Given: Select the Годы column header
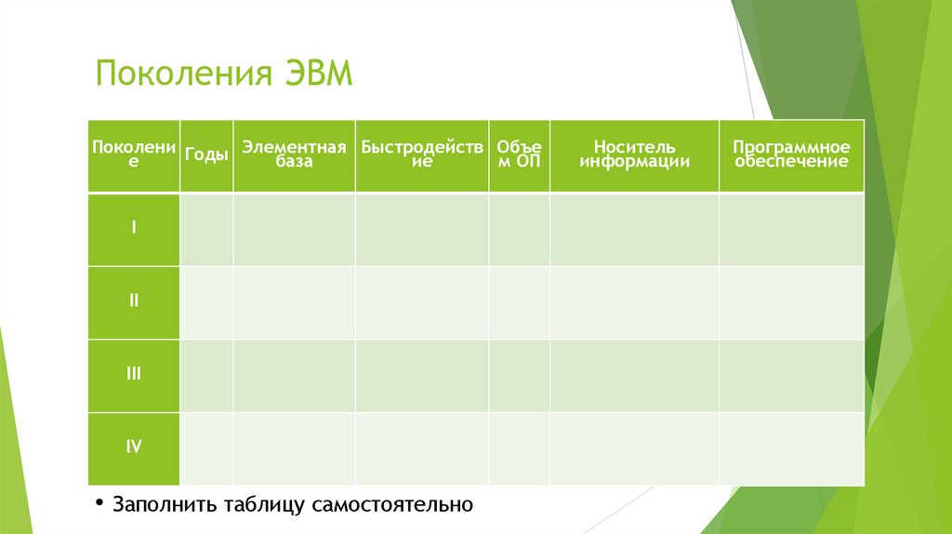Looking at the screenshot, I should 206,154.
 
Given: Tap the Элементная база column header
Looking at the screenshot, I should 294,154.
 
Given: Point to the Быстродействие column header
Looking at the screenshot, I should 422,154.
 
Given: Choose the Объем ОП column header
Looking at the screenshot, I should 519,154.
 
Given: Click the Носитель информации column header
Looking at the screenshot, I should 634,154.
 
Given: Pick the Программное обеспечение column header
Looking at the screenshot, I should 791,154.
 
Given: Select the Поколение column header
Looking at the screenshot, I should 134,154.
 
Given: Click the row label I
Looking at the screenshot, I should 134,227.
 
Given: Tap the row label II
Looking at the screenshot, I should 134,300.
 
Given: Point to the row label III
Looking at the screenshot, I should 134,374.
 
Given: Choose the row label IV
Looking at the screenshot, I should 134,447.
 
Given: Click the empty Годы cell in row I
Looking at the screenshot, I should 206,229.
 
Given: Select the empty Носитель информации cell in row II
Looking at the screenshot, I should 634,302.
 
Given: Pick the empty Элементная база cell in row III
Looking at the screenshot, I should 294,376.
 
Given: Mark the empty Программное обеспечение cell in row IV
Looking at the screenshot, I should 791,448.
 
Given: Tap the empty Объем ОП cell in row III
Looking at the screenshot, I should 519,376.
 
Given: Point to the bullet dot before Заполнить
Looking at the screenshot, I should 99,503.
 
